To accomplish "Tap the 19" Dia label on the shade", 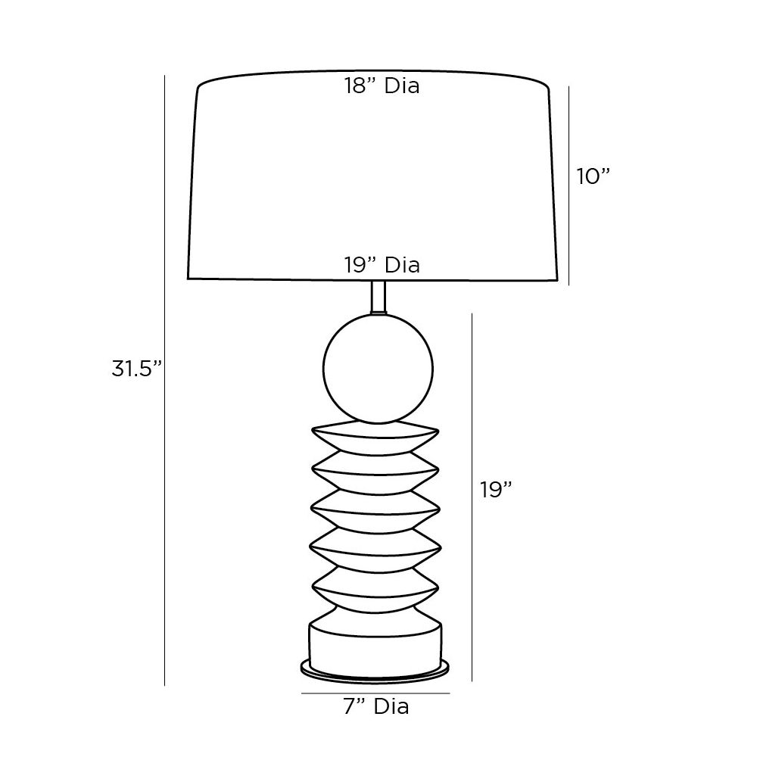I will (382, 265).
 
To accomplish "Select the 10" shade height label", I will (593, 176).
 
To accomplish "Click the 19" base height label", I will (497, 490).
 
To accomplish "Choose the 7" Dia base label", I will (376, 707).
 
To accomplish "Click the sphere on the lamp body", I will (378, 370).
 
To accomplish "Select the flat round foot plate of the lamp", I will (376, 668).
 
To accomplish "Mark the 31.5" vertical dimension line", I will (164, 378).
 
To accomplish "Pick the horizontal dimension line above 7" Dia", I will (376, 693).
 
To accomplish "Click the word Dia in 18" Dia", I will (402, 86).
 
